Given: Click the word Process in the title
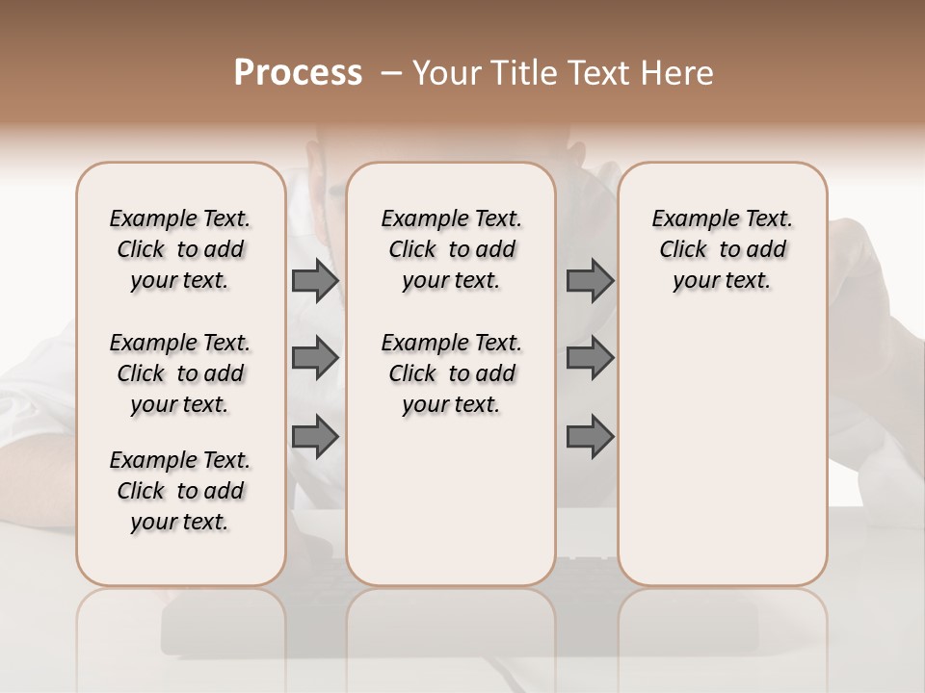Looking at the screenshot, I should tap(298, 73).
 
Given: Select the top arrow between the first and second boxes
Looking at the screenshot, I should tap(314, 281).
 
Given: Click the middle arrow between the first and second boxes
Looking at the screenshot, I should tap(314, 359).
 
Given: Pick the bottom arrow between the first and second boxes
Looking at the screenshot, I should tap(314, 437).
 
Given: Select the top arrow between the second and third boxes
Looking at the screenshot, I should tap(590, 281).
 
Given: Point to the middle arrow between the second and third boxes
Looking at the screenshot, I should tap(590, 359).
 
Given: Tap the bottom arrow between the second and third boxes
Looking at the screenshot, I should tap(590, 437).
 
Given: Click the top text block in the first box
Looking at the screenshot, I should tap(180, 249).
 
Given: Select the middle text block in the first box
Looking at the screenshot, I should tap(180, 373).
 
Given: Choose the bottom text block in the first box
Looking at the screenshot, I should tap(180, 491).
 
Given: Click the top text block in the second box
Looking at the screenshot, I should tap(451, 249).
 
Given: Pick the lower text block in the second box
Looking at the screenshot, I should tap(451, 373).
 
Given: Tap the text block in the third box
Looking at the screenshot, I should tap(723, 249).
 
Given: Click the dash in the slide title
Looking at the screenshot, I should tap(391, 73).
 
